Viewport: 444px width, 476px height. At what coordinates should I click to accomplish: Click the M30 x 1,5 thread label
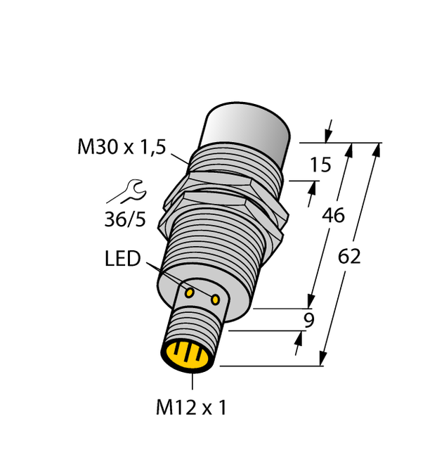[x=122, y=148]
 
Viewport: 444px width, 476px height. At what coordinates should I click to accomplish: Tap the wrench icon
[x=131, y=190]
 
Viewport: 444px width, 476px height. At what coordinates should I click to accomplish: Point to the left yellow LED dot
[x=190, y=290]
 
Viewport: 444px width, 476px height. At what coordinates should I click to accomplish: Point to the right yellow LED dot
[x=215, y=300]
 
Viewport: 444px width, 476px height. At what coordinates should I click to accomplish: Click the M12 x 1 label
[x=192, y=408]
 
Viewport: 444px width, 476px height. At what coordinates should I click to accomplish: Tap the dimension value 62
[x=349, y=257]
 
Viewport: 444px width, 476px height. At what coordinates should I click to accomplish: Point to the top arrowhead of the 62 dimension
[x=377, y=149]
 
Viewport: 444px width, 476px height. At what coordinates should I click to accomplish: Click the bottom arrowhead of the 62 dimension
[x=325, y=359]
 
